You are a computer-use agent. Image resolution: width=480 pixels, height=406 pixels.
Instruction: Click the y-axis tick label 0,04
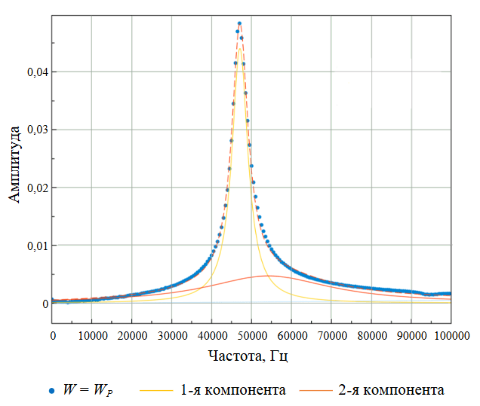pyautogui.click(x=35, y=72)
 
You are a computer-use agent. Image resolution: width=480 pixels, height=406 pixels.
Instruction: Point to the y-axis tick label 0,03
pyautogui.click(x=35, y=130)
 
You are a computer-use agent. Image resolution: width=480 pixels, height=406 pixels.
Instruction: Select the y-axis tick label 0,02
pyautogui.click(x=35, y=188)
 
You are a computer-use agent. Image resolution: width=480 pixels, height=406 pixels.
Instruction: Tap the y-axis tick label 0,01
pyautogui.click(x=35, y=246)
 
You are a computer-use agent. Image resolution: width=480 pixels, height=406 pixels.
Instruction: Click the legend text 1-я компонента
pyautogui.click(x=233, y=390)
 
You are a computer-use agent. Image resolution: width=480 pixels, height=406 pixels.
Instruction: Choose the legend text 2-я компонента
pyautogui.click(x=391, y=390)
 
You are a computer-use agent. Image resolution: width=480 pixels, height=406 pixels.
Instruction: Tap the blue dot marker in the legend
pyautogui.click(x=51, y=391)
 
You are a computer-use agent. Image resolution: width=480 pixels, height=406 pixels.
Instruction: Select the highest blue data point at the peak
pyautogui.click(x=239, y=24)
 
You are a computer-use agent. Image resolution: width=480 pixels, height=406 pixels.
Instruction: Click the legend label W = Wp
pyautogui.click(x=89, y=390)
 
